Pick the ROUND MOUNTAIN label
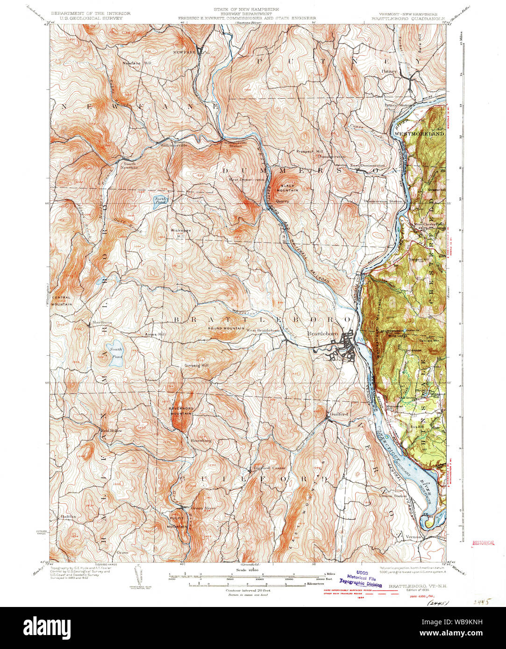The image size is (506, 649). [227, 328]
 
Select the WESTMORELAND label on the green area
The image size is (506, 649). [419, 134]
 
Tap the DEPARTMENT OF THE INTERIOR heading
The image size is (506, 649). [91, 14]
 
